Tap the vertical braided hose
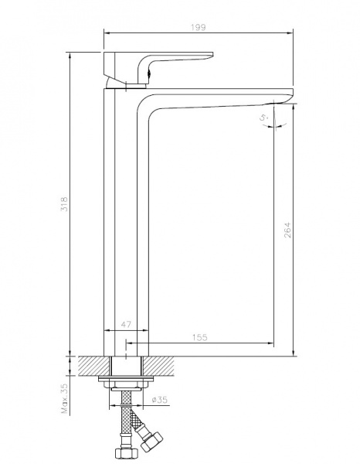coord(127,418)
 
